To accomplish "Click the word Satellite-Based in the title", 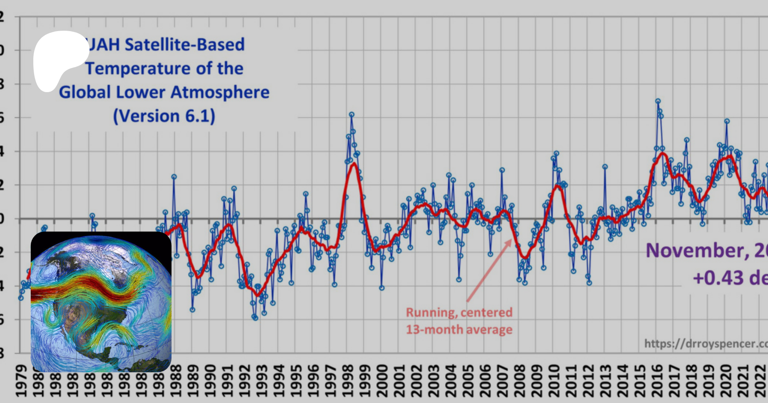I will coord(184,44).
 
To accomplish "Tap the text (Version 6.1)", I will coord(164,116).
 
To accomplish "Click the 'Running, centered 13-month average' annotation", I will coord(459,321).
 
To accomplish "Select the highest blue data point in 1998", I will coord(352,115).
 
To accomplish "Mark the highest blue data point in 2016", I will coord(658,101).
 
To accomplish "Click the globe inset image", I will coord(101,302).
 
